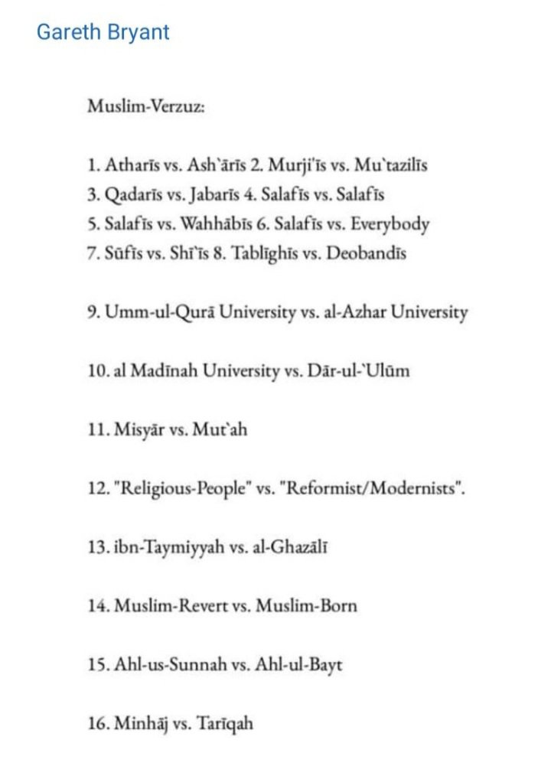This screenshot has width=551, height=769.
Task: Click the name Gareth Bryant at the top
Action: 103,33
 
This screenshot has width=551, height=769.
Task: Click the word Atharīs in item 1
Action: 129,165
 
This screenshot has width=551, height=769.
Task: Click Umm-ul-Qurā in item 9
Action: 157,313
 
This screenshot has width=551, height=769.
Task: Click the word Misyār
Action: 140,431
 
